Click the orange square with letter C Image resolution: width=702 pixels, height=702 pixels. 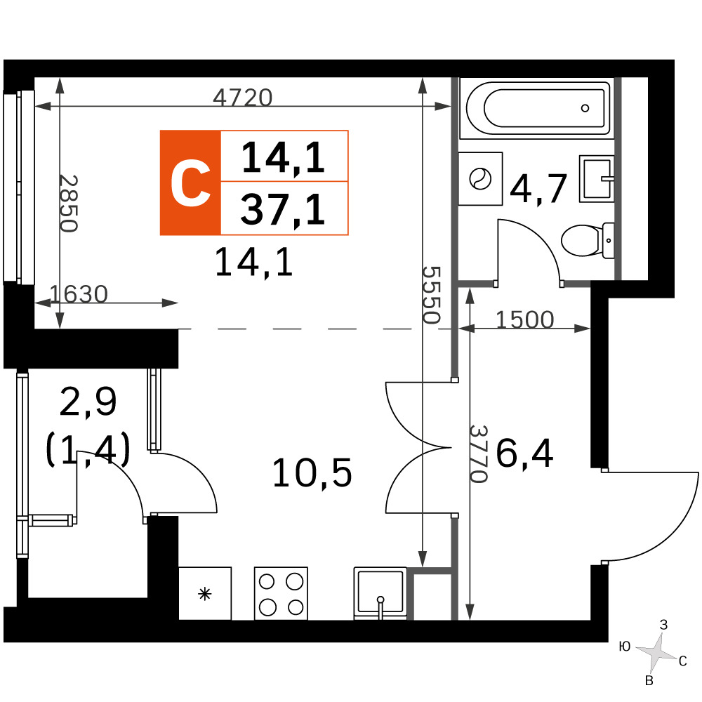190,183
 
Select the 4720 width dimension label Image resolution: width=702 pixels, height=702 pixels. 242,97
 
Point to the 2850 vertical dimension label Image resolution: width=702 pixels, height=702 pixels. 69,204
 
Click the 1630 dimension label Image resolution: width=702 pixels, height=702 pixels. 79,294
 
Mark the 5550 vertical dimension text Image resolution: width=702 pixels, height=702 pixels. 432,295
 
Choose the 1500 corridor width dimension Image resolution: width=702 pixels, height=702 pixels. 524,319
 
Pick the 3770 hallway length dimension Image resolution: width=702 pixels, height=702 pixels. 478,453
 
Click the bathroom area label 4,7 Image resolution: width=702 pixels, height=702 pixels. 538,188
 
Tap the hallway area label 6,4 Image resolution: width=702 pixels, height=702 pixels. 524,453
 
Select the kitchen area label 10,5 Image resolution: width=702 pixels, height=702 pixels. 312,472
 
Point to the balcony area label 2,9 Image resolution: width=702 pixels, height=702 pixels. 88,401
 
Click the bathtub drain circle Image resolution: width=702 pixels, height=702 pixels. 585,108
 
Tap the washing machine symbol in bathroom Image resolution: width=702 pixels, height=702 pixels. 480,178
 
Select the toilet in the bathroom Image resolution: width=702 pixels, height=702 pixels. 587,240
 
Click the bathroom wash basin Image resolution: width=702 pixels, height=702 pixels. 596,178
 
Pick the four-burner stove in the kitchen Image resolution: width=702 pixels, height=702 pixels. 282,594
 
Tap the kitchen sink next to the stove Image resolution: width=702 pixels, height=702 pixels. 380,594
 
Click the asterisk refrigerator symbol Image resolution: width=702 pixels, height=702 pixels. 204,594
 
